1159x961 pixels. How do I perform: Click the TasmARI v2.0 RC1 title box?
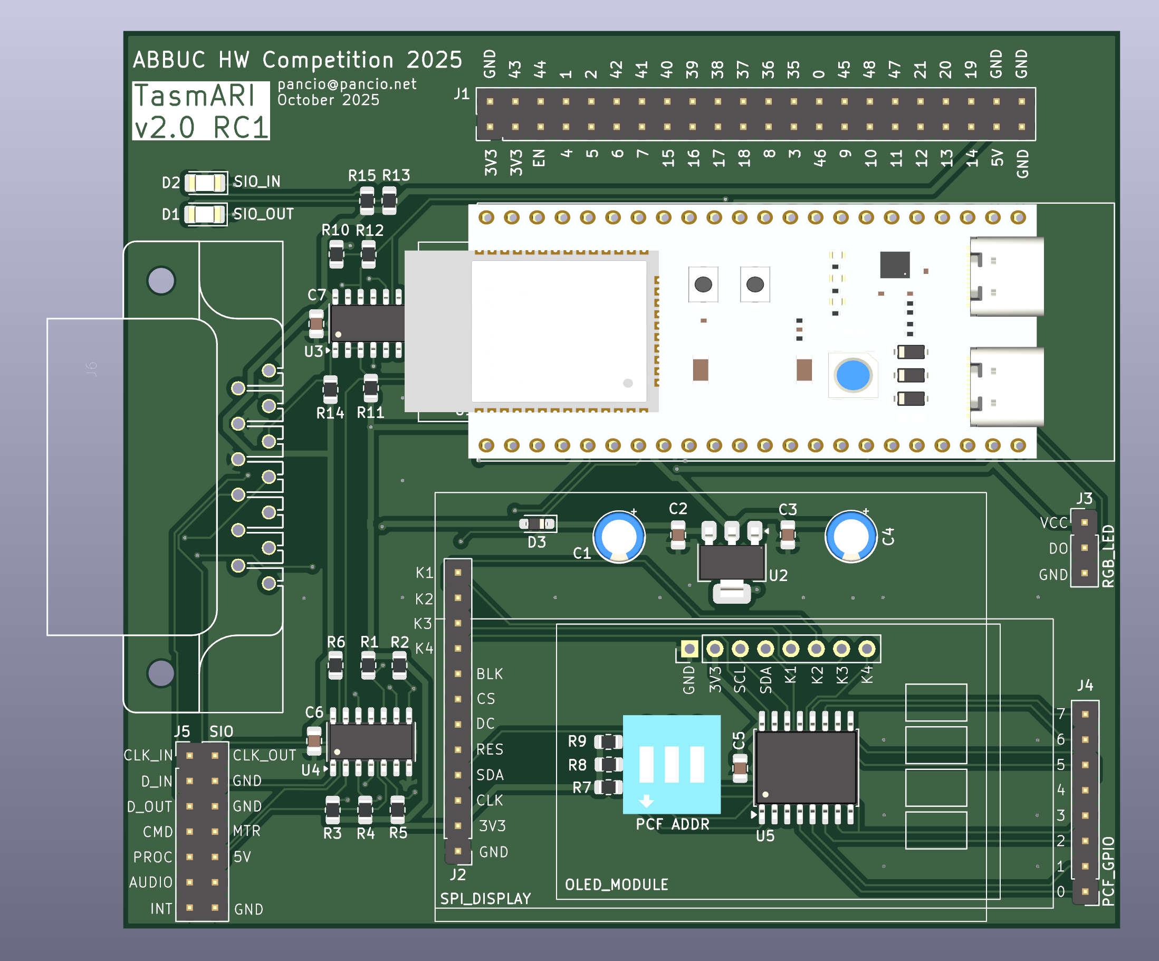pyautogui.click(x=201, y=110)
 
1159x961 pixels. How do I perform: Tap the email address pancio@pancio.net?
pyautogui.click(x=347, y=84)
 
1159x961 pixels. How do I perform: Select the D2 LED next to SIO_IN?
pyautogui.click(x=205, y=182)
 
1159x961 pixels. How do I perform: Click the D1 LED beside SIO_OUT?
pyautogui.click(x=205, y=214)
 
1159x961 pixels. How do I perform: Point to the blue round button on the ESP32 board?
pyautogui.click(x=853, y=375)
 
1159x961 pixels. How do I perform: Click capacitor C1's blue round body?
pyautogui.click(x=619, y=537)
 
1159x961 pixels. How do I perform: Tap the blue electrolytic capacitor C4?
pyautogui.click(x=851, y=537)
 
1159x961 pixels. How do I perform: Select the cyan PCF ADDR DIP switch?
pyautogui.click(x=672, y=765)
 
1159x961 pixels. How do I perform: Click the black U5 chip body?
pyautogui.click(x=806, y=767)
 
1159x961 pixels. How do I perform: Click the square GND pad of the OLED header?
pyautogui.click(x=689, y=649)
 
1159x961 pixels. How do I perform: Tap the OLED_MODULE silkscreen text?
pyautogui.click(x=617, y=885)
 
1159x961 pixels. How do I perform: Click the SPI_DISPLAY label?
pyautogui.click(x=485, y=899)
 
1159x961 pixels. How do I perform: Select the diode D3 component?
pyautogui.click(x=538, y=524)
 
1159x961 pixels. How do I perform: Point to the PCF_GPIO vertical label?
pyautogui.click(x=1108, y=872)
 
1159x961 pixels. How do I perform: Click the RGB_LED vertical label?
pyautogui.click(x=1108, y=556)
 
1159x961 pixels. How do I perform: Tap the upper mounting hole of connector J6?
pyautogui.click(x=161, y=280)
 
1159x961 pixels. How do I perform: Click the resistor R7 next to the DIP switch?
pyautogui.click(x=609, y=787)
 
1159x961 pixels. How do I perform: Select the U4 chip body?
pyautogui.click(x=371, y=741)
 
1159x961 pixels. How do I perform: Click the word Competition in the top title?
pyautogui.click(x=328, y=60)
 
